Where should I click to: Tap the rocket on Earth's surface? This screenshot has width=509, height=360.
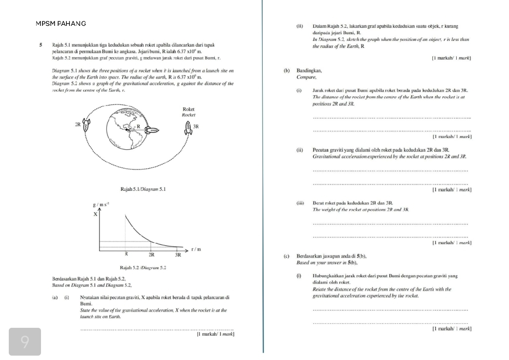(153, 130)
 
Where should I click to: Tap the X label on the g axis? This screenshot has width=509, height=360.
(95, 214)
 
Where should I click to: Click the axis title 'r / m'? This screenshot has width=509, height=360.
(196, 249)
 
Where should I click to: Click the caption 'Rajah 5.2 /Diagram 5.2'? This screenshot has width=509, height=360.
(143, 268)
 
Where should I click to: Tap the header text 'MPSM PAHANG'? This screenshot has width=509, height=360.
(61, 23)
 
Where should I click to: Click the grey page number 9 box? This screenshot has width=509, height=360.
(25, 341)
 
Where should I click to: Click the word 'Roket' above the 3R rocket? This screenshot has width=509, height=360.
(188, 110)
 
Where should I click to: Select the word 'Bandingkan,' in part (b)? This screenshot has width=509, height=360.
(309, 71)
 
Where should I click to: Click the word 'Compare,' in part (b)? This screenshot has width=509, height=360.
(306, 77)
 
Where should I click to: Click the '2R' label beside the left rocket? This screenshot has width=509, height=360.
(78, 124)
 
